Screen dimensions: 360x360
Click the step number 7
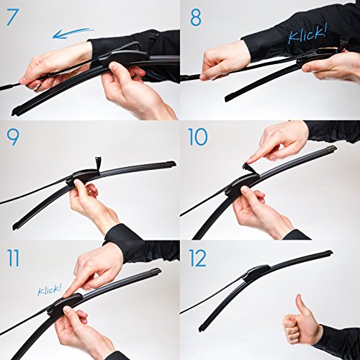pyautogui.click(x=12, y=17)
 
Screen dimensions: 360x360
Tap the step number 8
pyautogui.click(x=196, y=18)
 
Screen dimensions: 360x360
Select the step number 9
pyautogui.click(x=13, y=138)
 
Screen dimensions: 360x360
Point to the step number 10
pyautogui.click(x=197, y=137)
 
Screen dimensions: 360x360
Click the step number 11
pyautogui.click(x=13, y=258)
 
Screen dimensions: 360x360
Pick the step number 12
pyautogui.click(x=197, y=258)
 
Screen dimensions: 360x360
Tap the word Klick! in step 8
pyautogui.click(x=307, y=35)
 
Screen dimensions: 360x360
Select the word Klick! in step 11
pyautogui.click(x=50, y=289)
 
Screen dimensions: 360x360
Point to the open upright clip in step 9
pyautogui.click(x=98, y=163)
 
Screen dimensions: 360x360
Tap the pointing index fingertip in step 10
pyautogui.click(x=250, y=161)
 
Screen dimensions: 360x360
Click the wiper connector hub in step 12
pyautogui.click(x=257, y=271)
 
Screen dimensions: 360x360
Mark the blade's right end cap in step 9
pyautogui.click(x=171, y=165)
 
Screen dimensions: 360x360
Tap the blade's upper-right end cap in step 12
pyautogui.click(x=328, y=253)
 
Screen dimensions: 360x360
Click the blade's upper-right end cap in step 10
pyautogui.click(x=332, y=149)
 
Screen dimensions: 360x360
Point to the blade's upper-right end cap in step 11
pyautogui.click(x=156, y=271)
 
